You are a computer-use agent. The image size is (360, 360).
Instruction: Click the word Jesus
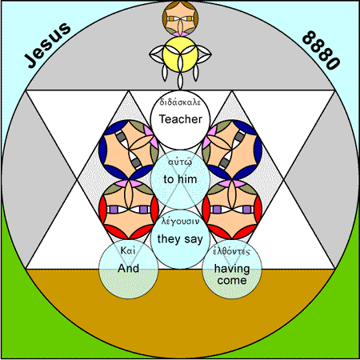[47, 45]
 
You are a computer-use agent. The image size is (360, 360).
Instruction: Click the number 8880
[322, 50]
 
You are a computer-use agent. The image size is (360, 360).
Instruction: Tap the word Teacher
[181, 119]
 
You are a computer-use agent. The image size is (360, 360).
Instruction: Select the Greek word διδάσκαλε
[180, 102]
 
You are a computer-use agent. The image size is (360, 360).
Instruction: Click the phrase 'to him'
[180, 179]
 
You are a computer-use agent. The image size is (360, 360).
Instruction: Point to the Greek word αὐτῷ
[180, 162]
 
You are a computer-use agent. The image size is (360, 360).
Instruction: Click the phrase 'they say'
[180, 239]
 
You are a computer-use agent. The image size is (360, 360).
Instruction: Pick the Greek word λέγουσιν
[180, 222]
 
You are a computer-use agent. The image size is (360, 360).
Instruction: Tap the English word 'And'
[129, 268]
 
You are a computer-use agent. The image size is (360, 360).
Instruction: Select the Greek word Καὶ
[128, 250]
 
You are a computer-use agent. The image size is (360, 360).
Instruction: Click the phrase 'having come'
[232, 274]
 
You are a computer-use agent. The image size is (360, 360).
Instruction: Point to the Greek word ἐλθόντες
[232, 251]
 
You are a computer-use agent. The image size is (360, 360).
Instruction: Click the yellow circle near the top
[180, 54]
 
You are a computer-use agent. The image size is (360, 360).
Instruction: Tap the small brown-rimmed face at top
[180, 18]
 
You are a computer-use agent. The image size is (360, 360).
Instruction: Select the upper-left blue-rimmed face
[129, 150]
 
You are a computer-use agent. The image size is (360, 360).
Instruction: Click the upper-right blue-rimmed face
[232, 150]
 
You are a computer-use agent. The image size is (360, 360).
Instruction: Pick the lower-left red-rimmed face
[129, 210]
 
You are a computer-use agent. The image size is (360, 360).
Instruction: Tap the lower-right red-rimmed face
[232, 210]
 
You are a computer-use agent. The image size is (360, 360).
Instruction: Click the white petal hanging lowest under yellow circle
[180, 81]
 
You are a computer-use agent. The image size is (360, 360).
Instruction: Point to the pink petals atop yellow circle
[180, 34]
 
